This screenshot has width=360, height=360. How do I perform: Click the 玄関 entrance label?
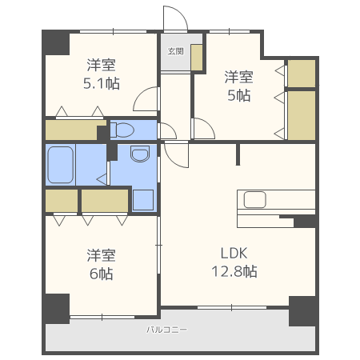coord(176,51)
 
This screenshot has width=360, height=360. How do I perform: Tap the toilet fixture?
coord(122,130)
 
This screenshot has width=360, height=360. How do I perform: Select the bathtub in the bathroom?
coord(61,165)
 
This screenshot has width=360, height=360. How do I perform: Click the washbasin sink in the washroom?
coord(140,154)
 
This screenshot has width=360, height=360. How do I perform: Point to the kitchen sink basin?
coord(254,199)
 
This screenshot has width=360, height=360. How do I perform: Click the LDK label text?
coord(234,253)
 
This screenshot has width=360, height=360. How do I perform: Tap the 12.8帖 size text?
coord(234,271)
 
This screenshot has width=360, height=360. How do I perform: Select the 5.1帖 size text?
coord(102,83)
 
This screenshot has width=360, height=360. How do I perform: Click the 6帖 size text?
coord(102,274)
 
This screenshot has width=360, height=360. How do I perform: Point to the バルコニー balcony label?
coord(166,330)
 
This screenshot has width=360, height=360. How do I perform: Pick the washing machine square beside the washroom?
coord(143,200)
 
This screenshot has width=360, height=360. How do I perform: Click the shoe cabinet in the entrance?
coord(197,58)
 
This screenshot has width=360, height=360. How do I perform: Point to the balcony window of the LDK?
coord(232,307)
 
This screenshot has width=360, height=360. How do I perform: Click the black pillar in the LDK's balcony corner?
coord(303,311)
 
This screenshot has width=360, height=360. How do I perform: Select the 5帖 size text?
coord(239,95)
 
